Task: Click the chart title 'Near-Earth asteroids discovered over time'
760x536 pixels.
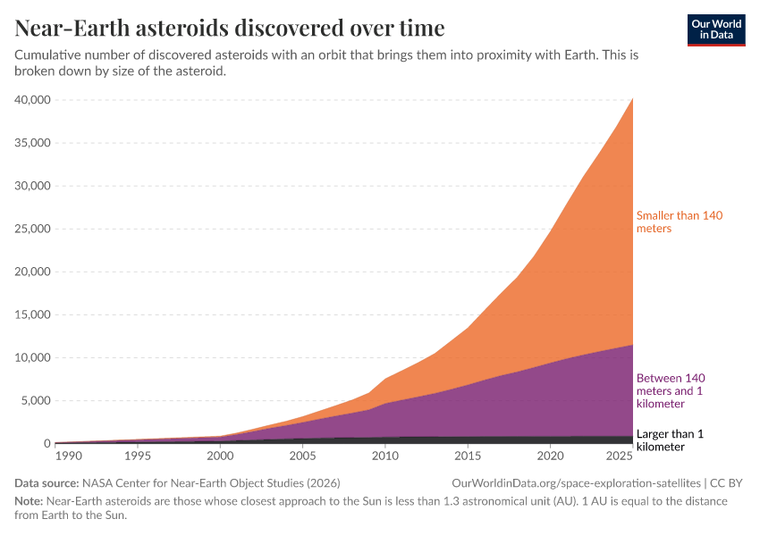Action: coord(230,29)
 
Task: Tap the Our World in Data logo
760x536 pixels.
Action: coord(715,29)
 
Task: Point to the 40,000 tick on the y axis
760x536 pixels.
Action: coord(32,100)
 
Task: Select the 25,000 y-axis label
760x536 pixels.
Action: coord(32,229)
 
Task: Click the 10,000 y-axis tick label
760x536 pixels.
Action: coord(32,357)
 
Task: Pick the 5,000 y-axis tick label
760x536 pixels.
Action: coord(36,400)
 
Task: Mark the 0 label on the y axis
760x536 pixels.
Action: coord(46,443)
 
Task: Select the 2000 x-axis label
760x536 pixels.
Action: coord(220,456)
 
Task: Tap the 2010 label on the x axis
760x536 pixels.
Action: coord(385,456)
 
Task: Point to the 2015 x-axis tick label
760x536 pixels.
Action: coord(468,456)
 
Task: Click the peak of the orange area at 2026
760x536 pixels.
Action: coord(632,99)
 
